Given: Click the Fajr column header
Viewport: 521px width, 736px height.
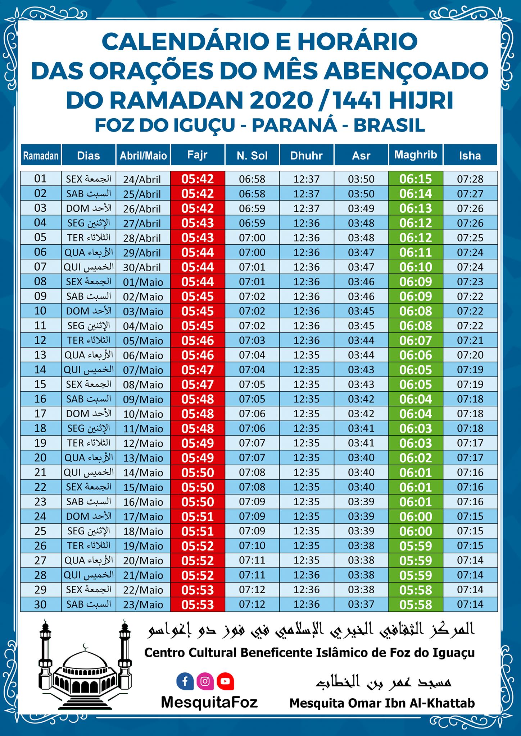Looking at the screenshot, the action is click(x=198, y=155).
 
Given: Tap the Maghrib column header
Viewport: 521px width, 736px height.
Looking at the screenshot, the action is click(x=416, y=155).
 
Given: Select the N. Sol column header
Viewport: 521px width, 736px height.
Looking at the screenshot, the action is click(x=252, y=156).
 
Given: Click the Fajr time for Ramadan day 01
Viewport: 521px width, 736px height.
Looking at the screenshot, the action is click(x=198, y=179).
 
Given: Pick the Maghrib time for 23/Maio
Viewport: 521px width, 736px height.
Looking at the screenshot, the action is click(x=416, y=604).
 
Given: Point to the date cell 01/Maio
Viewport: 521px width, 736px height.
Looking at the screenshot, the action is click(x=143, y=282).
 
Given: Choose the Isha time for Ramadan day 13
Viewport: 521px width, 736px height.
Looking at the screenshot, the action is click(x=470, y=355).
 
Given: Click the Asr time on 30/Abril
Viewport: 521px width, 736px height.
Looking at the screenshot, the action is click(x=361, y=267).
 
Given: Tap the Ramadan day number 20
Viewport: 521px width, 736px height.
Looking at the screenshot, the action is click(x=40, y=457).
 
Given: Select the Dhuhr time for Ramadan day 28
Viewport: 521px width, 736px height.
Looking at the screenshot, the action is click(x=307, y=575).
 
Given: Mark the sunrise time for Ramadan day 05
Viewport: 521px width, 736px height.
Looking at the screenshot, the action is click(x=252, y=238).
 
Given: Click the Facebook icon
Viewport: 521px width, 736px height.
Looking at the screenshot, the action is click(x=185, y=681).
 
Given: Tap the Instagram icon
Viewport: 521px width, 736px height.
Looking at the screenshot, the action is click(x=205, y=681).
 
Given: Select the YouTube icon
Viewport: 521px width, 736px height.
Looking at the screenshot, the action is click(x=225, y=681).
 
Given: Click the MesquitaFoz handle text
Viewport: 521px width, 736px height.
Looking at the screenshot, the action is click(x=209, y=702).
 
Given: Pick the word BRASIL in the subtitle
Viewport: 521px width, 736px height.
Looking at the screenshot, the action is click(x=390, y=125).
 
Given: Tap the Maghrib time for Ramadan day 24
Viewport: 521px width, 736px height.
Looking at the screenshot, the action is click(x=416, y=516).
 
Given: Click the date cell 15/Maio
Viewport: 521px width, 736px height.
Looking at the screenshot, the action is click(x=143, y=487).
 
